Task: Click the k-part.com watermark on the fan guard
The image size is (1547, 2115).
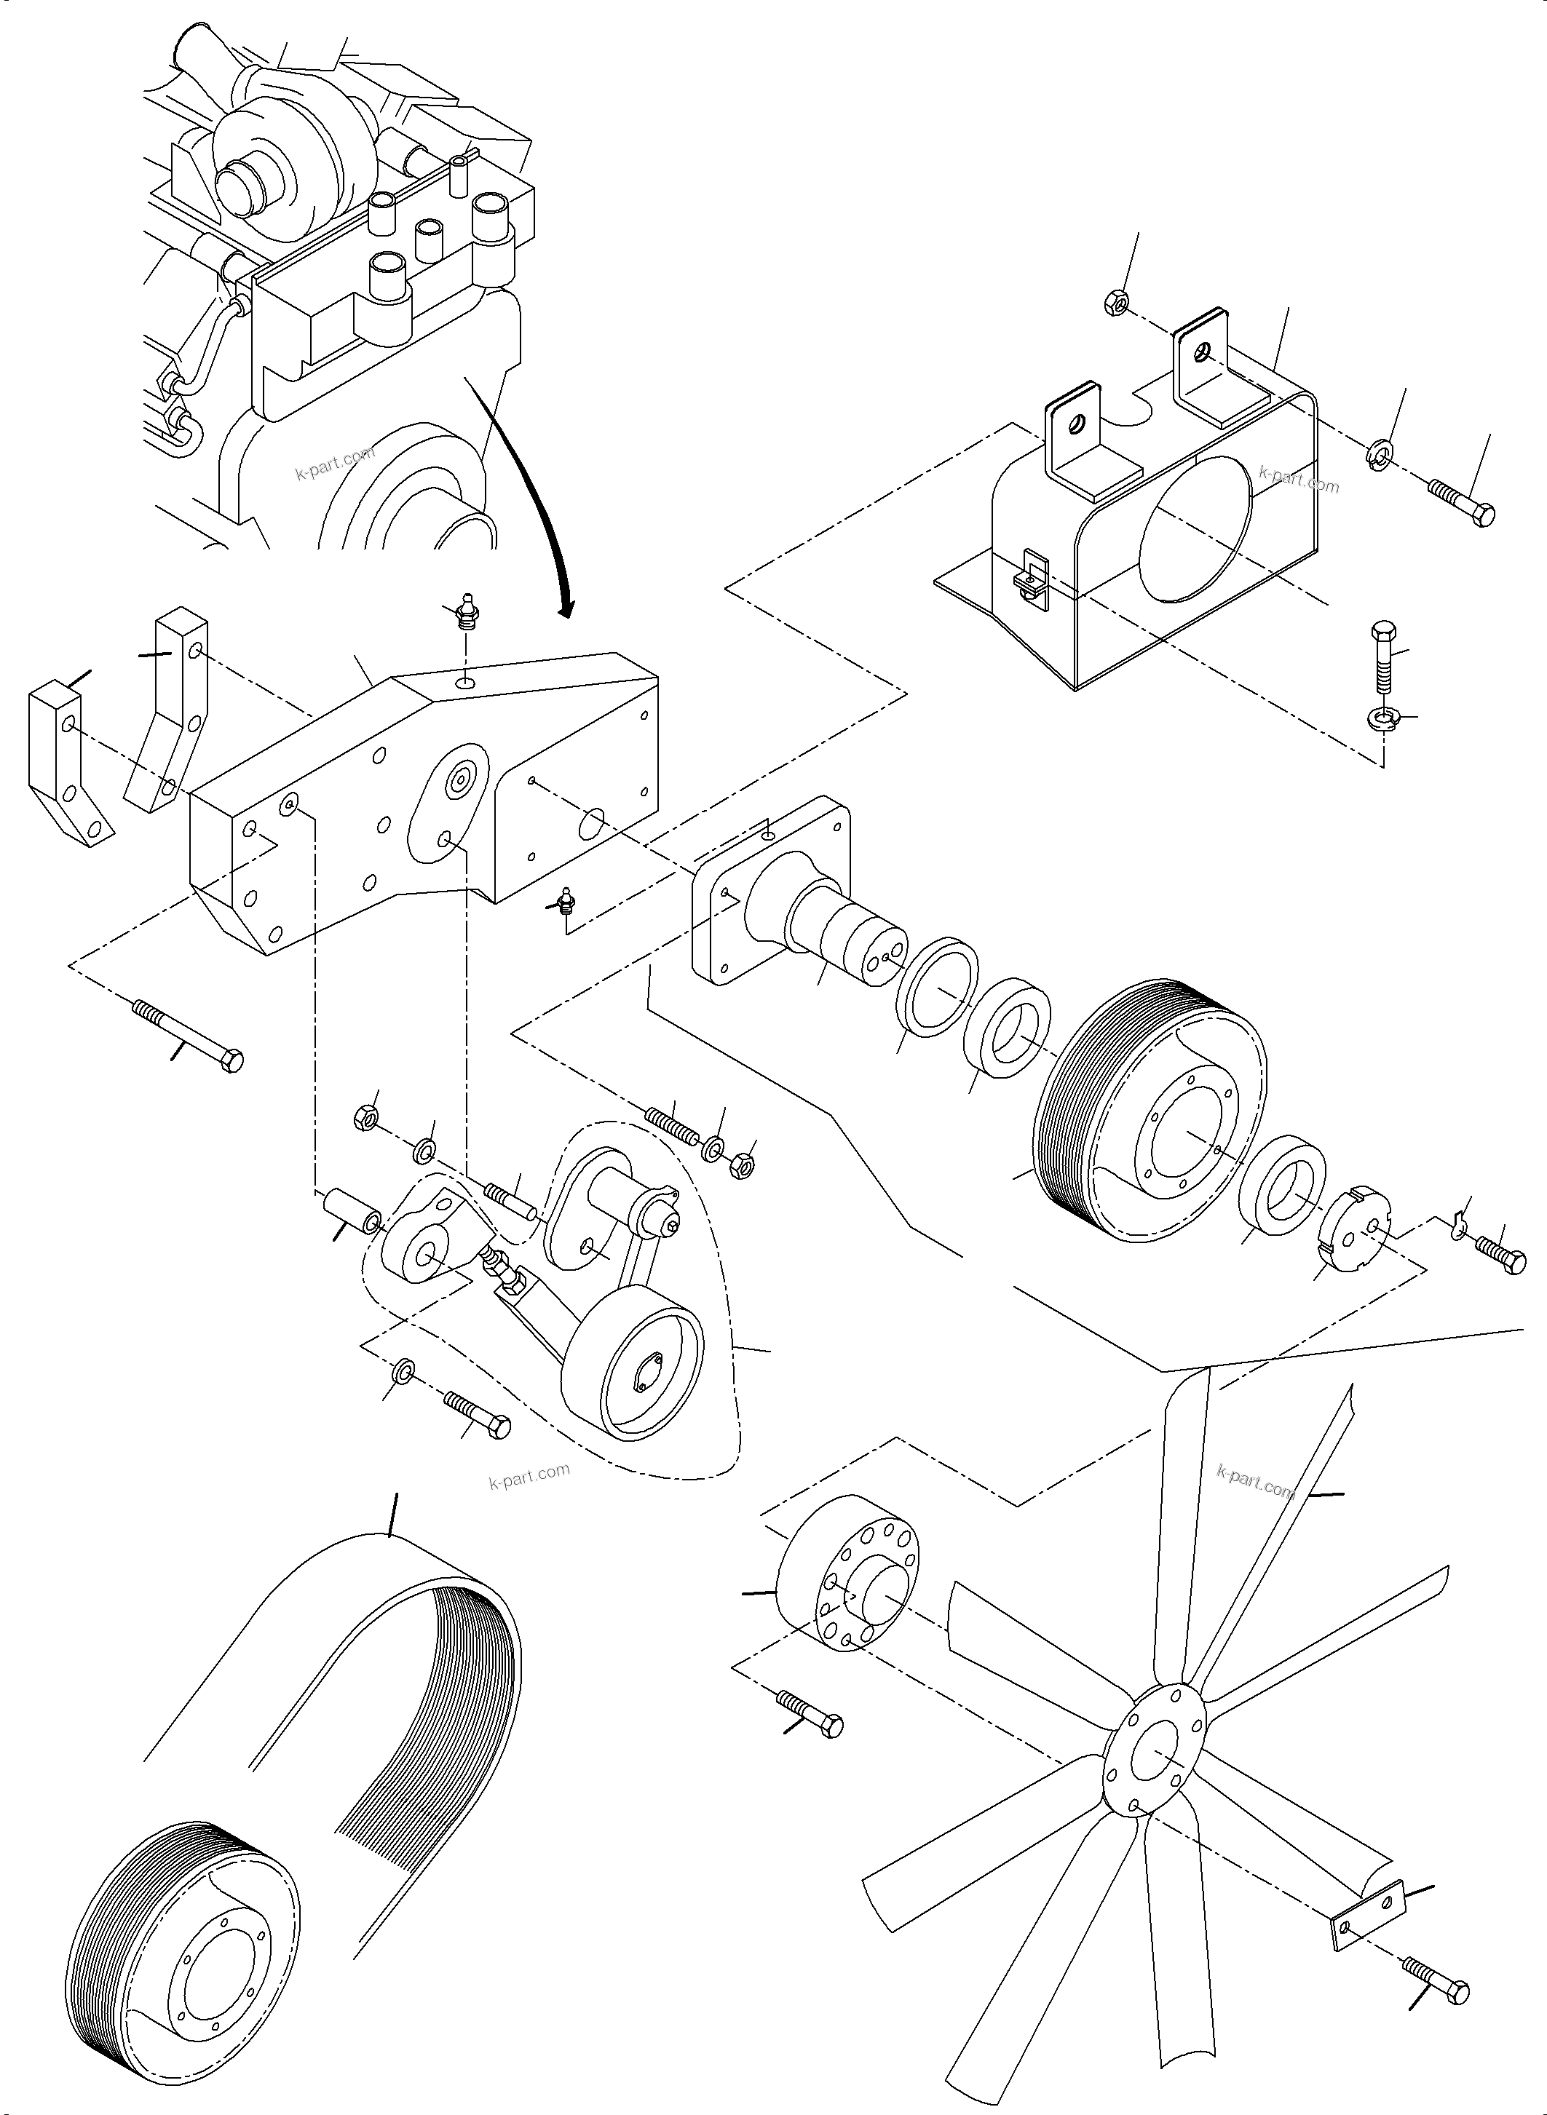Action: [1299, 480]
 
